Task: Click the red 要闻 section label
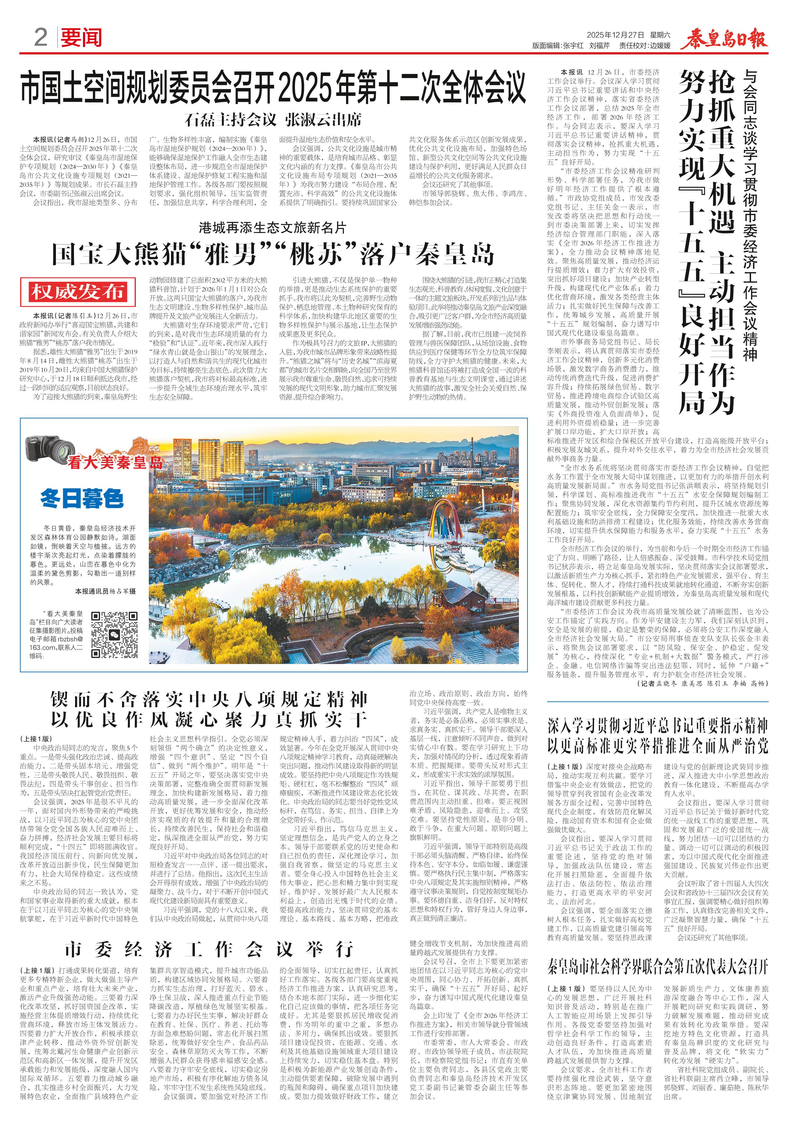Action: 81,38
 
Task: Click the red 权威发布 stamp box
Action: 77,292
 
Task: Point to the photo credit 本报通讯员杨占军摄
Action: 105,591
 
